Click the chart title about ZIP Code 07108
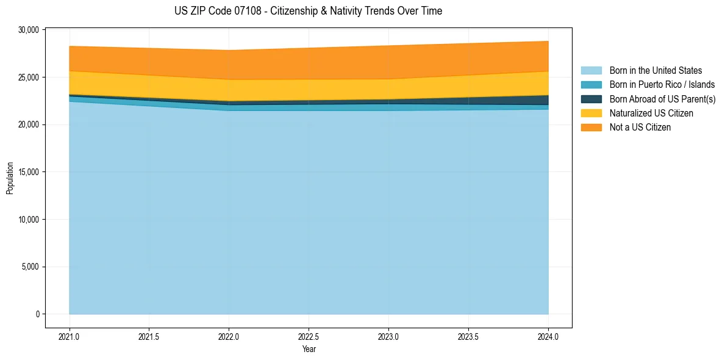point(308,11)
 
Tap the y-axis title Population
point(10,178)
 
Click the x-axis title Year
point(309,349)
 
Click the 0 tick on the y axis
point(37,314)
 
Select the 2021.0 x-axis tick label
point(70,336)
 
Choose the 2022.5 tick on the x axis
point(309,336)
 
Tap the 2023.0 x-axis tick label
point(388,336)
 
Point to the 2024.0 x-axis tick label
point(548,336)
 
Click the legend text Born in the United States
point(655,71)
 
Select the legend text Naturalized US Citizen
point(651,113)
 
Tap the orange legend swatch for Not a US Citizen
point(591,128)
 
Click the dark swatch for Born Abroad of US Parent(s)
point(591,99)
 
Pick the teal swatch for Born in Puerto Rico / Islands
point(591,85)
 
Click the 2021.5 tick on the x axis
point(149,336)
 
